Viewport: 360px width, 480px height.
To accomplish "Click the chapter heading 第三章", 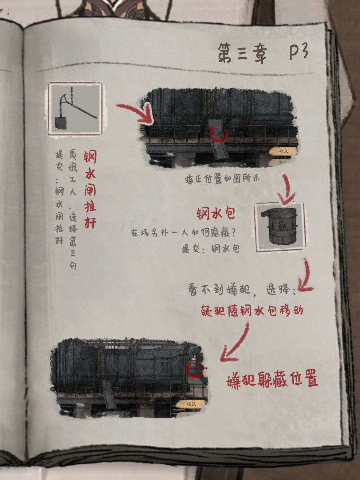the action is click(x=242, y=53).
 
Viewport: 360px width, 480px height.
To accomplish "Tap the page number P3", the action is click(x=299, y=52).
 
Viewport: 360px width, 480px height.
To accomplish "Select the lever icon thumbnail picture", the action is click(x=76, y=109).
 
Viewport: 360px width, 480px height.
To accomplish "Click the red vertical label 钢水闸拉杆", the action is click(x=90, y=189).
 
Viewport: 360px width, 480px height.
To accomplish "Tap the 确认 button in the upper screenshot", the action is click(x=284, y=151).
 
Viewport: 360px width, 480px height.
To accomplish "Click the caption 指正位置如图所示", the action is click(x=222, y=179).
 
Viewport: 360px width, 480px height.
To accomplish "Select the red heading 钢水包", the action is click(x=216, y=213).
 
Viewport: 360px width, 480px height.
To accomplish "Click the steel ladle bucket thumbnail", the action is click(x=280, y=228).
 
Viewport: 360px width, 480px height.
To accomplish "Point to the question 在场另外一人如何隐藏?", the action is click(x=183, y=233).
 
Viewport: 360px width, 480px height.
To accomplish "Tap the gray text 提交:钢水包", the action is click(x=211, y=249).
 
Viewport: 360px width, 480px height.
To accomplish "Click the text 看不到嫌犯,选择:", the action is click(x=242, y=290).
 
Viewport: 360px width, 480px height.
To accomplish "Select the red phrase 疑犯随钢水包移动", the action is click(x=252, y=311).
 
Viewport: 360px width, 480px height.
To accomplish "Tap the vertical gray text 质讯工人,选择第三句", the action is click(x=73, y=209).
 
